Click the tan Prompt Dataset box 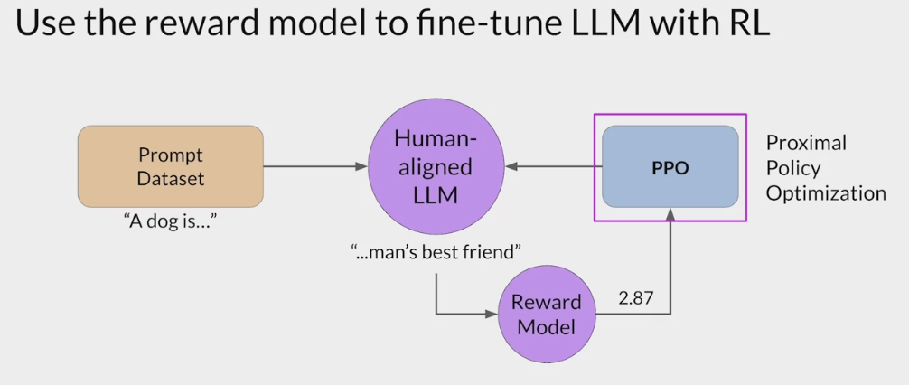pyautogui.click(x=171, y=165)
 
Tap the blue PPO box pyautogui.click(x=670, y=167)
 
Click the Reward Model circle pyautogui.click(x=541, y=314)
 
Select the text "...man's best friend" pyautogui.click(x=437, y=249)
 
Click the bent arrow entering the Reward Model pyautogui.click(x=461, y=314)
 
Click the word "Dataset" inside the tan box pyautogui.click(x=171, y=178)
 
